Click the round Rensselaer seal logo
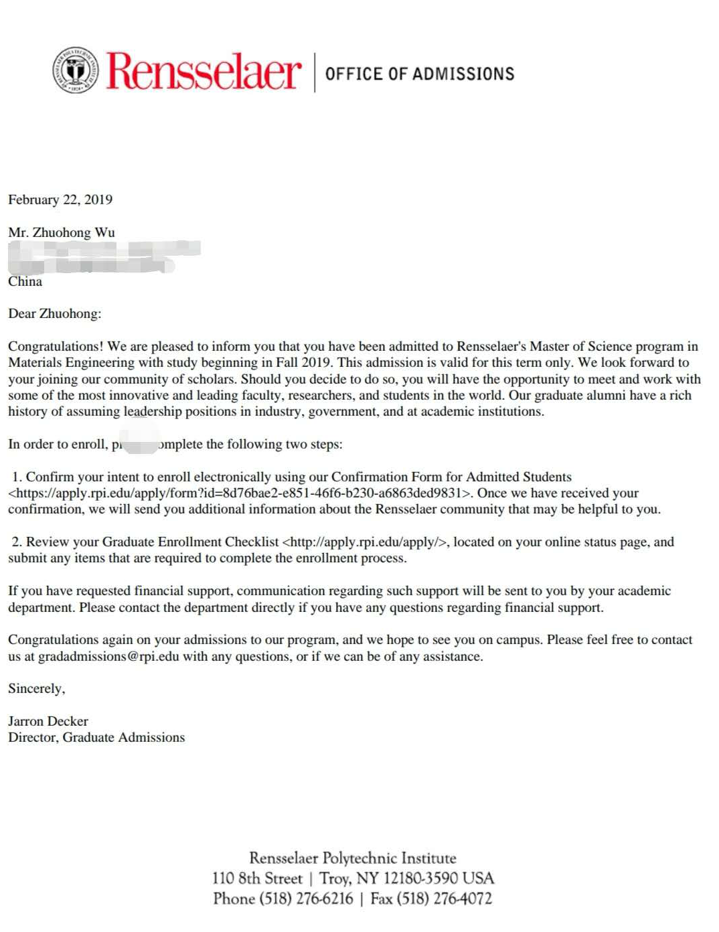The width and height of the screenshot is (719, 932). pyautogui.click(x=76, y=70)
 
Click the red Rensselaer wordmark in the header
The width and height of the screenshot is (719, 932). pyautogui.click(x=204, y=71)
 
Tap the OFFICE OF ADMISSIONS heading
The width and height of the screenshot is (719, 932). pyautogui.click(x=420, y=74)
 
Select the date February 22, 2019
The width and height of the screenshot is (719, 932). pyautogui.click(x=60, y=200)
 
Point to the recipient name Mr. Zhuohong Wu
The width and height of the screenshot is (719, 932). pyautogui.click(x=62, y=232)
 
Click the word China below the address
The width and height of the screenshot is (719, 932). pyautogui.click(x=25, y=281)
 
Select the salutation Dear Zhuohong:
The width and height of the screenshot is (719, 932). pyautogui.click(x=55, y=313)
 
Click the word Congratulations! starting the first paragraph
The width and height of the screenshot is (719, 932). pyautogui.click(x=56, y=346)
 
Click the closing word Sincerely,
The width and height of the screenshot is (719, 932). pyautogui.click(x=37, y=688)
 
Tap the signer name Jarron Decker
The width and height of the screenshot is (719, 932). pyautogui.click(x=48, y=721)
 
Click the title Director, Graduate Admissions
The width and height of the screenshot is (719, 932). pyautogui.click(x=96, y=737)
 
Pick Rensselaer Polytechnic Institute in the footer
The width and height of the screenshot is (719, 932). pyautogui.click(x=353, y=858)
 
